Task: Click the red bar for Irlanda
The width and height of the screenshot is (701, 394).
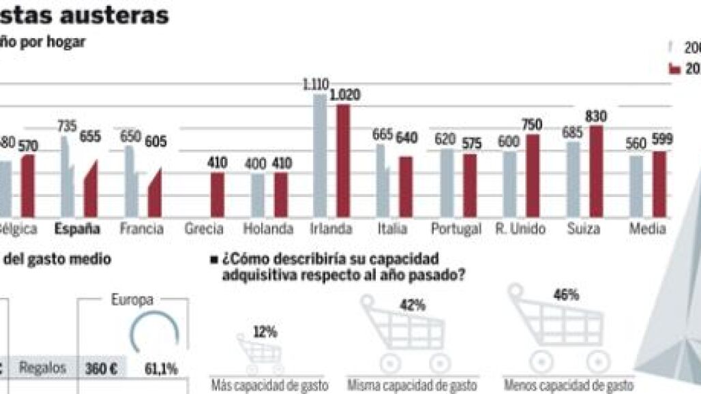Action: click(x=343, y=161)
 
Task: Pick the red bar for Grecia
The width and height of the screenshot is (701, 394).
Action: click(x=217, y=194)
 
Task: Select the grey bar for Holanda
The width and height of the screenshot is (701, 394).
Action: click(x=258, y=195)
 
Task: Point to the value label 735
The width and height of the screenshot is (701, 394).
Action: click(x=67, y=127)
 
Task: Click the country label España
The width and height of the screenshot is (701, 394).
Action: click(x=78, y=229)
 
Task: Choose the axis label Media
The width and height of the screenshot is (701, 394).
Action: click(x=646, y=229)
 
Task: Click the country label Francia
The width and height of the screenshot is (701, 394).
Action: click(x=141, y=229)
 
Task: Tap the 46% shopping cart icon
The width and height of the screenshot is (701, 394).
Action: click(x=555, y=327)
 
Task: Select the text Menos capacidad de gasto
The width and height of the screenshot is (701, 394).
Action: click(x=568, y=384)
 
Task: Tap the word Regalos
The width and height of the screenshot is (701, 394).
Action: click(x=42, y=368)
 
